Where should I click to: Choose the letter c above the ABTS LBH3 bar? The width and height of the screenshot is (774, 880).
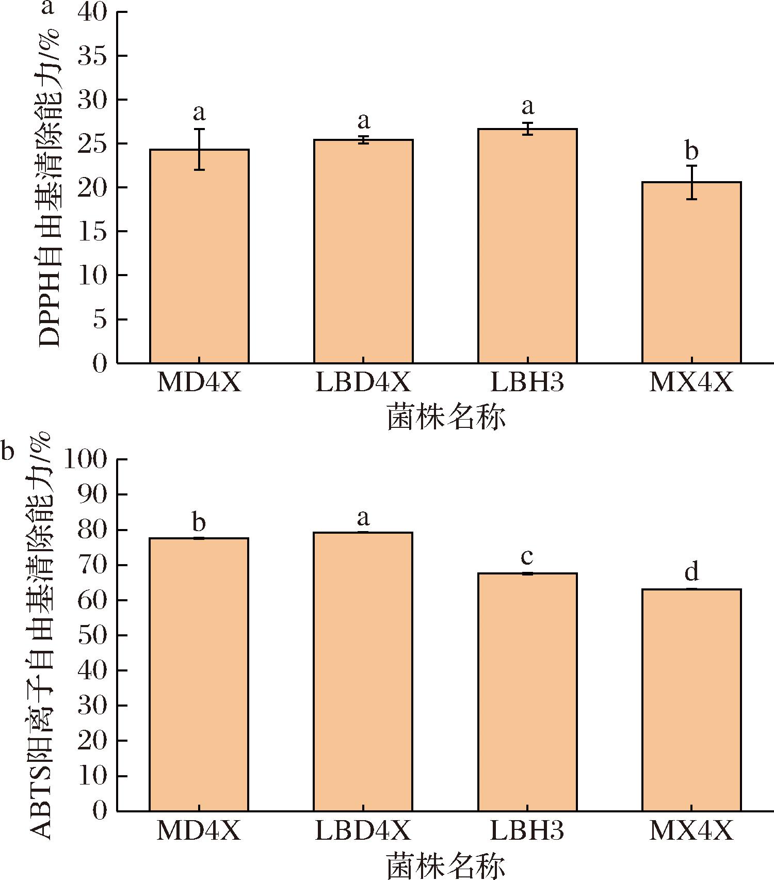coord(527,557)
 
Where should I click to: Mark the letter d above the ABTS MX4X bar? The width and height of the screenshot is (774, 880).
coord(691,572)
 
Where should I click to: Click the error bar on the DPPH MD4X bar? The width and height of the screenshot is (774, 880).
coord(199,149)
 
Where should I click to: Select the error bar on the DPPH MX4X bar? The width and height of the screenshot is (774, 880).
coord(691,182)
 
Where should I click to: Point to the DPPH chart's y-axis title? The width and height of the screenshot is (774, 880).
coord(50,188)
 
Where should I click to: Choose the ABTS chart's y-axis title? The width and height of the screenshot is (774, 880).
coord(41,635)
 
